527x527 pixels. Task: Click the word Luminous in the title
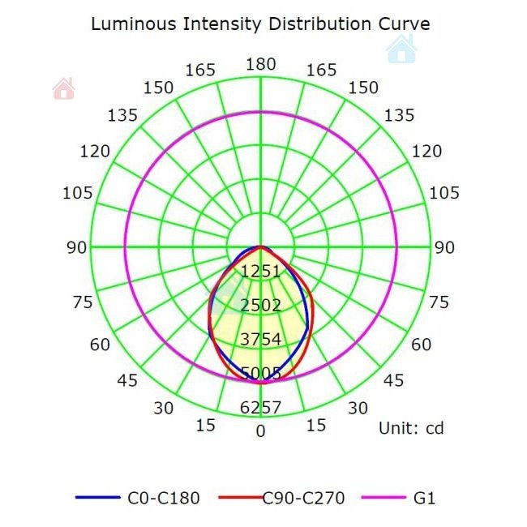click(x=126, y=24)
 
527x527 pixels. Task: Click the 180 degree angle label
click(x=260, y=65)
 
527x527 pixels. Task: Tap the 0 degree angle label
click(x=260, y=431)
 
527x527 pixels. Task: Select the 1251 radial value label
click(x=260, y=271)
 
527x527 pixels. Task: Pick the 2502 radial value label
click(x=260, y=305)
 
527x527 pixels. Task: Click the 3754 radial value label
click(x=260, y=339)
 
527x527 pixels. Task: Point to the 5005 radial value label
click(x=260, y=373)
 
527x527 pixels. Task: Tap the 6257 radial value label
click(x=260, y=408)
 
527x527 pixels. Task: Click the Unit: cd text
click(x=411, y=428)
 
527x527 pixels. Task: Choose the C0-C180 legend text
click(x=163, y=498)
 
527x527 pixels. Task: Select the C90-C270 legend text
click(x=304, y=498)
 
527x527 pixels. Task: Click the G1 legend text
click(x=424, y=498)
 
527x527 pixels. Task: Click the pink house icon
click(x=63, y=88)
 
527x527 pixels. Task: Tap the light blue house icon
click(x=401, y=49)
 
